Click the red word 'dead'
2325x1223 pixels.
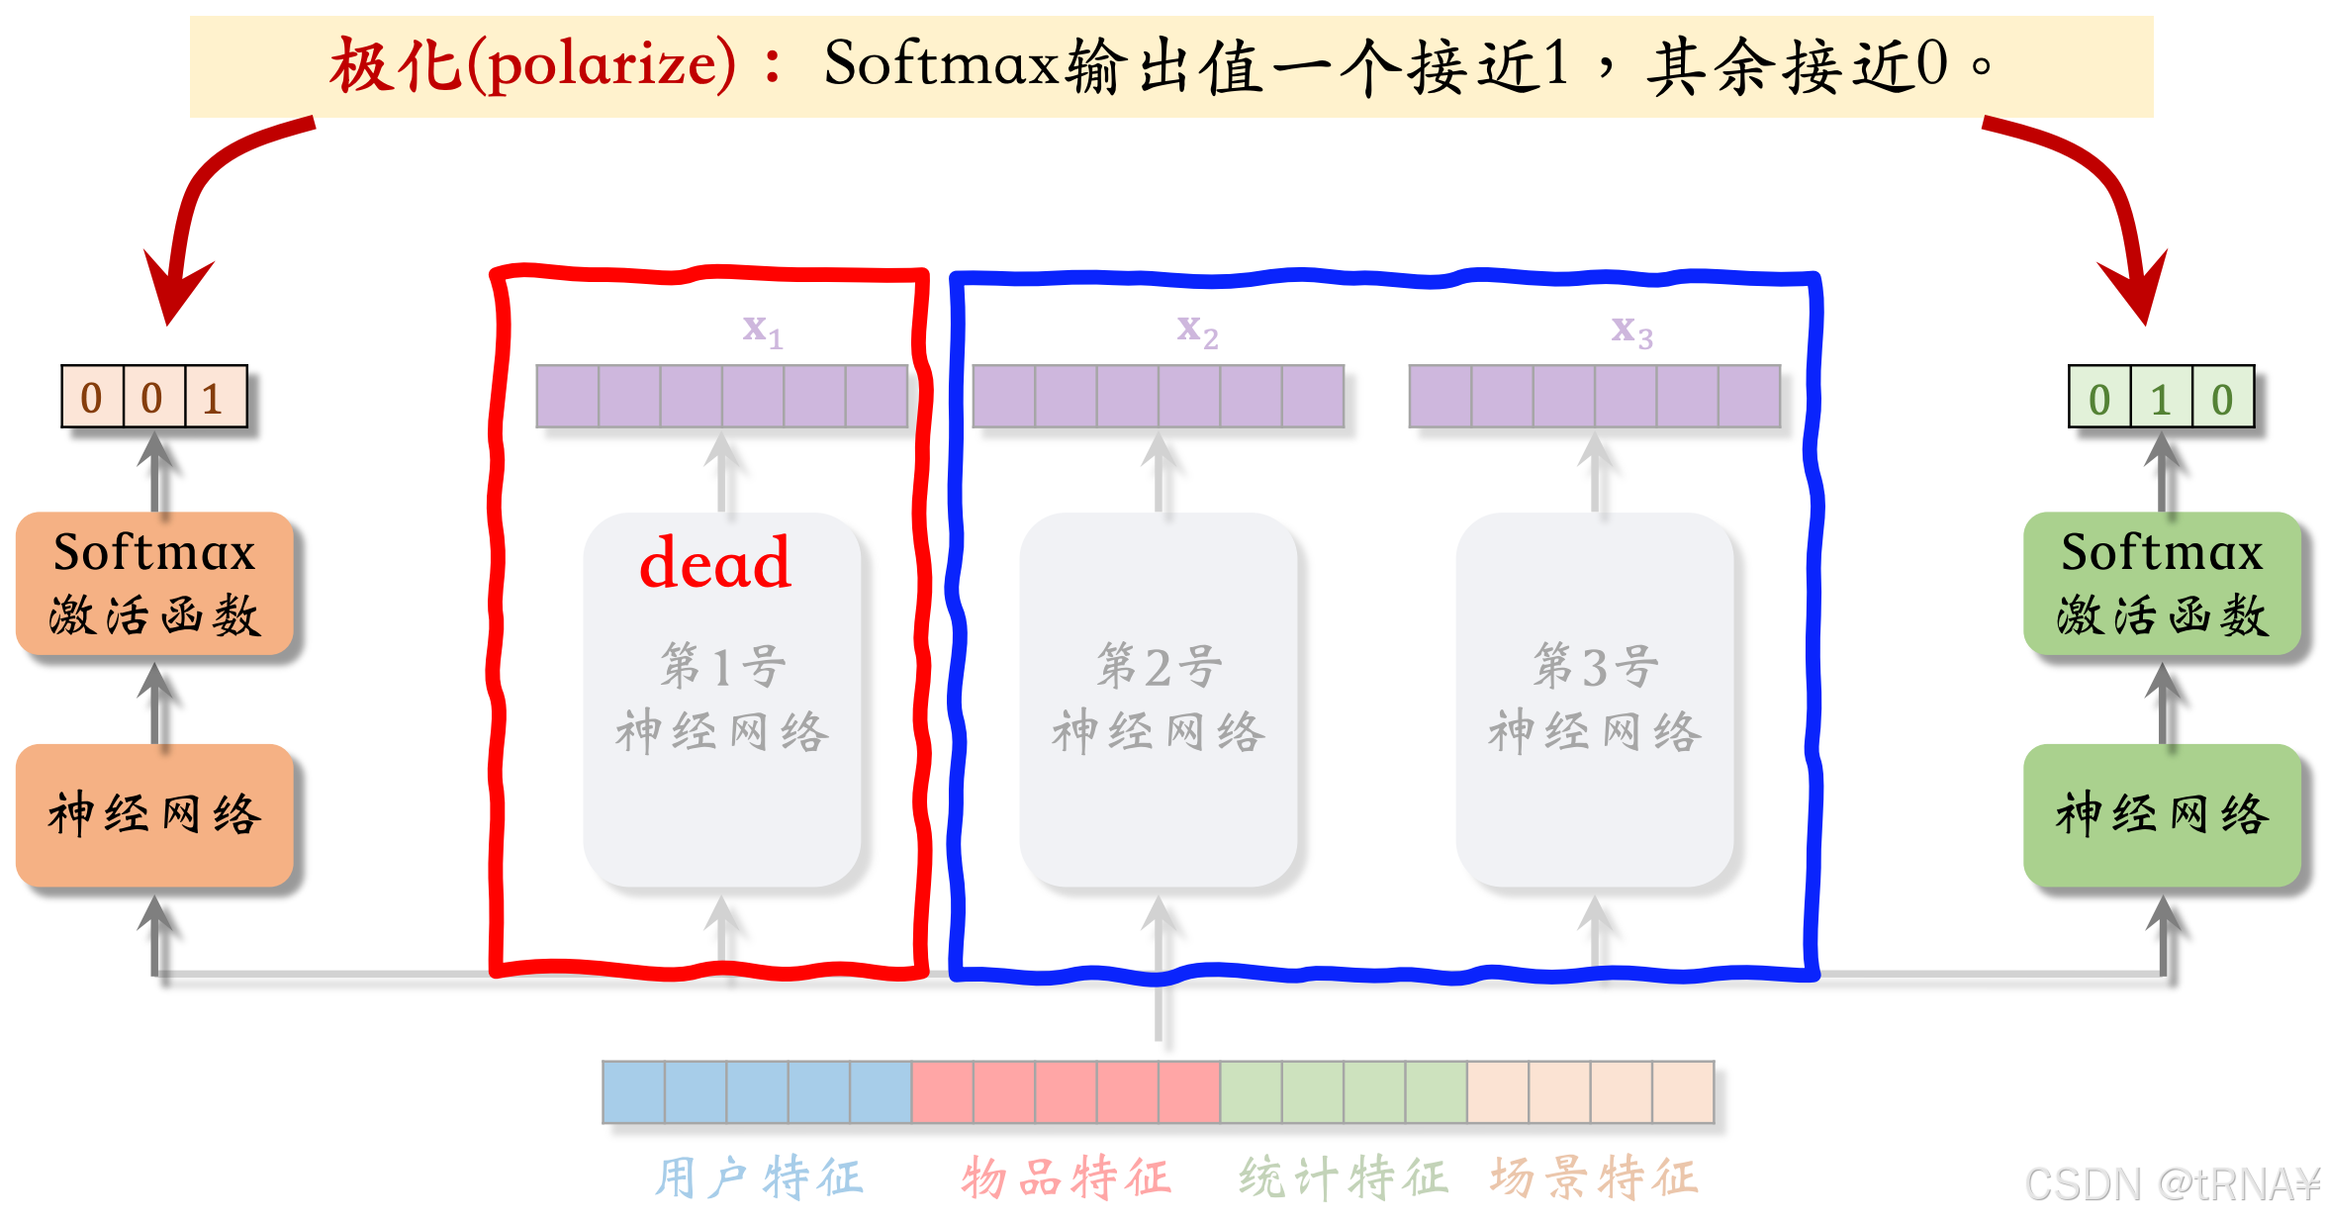click(x=715, y=564)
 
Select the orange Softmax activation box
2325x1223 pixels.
click(x=154, y=584)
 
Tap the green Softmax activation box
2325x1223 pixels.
click(x=2162, y=584)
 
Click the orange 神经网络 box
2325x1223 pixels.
click(x=154, y=815)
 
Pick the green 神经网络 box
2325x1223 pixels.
click(x=2162, y=815)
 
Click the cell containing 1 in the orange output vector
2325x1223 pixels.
click(x=215, y=398)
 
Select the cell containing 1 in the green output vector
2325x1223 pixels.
click(x=2161, y=399)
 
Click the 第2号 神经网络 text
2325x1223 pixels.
click(x=1159, y=699)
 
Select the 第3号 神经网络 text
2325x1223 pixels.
click(x=1595, y=699)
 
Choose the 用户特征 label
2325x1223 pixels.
click(x=759, y=1178)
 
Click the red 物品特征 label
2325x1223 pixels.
click(x=1066, y=1178)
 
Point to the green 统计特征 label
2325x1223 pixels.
click(x=1343, y=1178)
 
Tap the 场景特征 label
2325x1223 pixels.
click(x=1594, y=1178)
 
